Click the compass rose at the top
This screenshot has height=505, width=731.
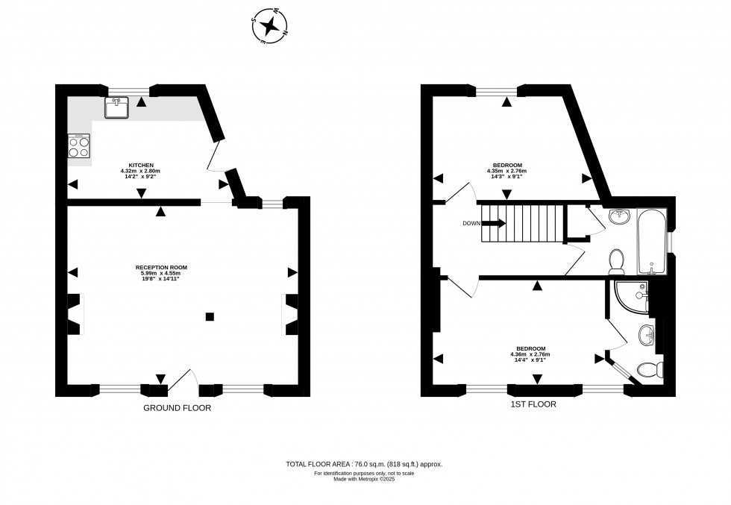[270, 28]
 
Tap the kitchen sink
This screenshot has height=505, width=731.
[116, 108]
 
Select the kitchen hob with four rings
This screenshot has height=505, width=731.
[79, 146]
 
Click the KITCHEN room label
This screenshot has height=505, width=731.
[141, 166]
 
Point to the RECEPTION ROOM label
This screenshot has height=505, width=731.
[161, 267]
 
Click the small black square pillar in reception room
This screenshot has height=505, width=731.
[210, 316]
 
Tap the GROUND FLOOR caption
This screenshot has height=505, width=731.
[178, 408]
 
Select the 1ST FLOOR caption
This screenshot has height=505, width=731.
[534, 404]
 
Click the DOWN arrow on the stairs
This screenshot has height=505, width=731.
[494, 223]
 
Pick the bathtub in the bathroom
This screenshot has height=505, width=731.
[651, 243]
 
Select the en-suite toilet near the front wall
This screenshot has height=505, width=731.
[651, 368]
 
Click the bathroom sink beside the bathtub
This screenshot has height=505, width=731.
[619, 217]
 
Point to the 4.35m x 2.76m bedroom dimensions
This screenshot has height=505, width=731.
[507, 172]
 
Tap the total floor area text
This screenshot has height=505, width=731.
[365, 464]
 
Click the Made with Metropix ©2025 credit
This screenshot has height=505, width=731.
[365, 479]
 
